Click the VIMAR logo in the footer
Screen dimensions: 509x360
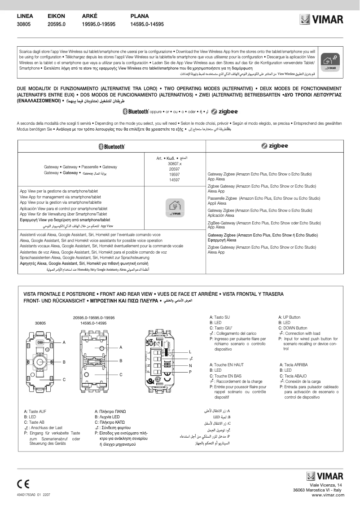pos(324,476)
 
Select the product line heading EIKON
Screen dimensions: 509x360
pos(57,16)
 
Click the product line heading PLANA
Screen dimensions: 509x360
pos(140,16)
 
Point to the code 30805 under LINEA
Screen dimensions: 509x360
pos(24,24)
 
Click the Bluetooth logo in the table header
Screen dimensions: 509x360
pos(111,146)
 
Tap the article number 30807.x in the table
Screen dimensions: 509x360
pos(175,164)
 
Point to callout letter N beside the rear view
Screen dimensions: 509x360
pos(203,365)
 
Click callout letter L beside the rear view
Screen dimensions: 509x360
pos(203,351)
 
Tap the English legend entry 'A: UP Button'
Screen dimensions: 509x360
pos(295,317)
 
